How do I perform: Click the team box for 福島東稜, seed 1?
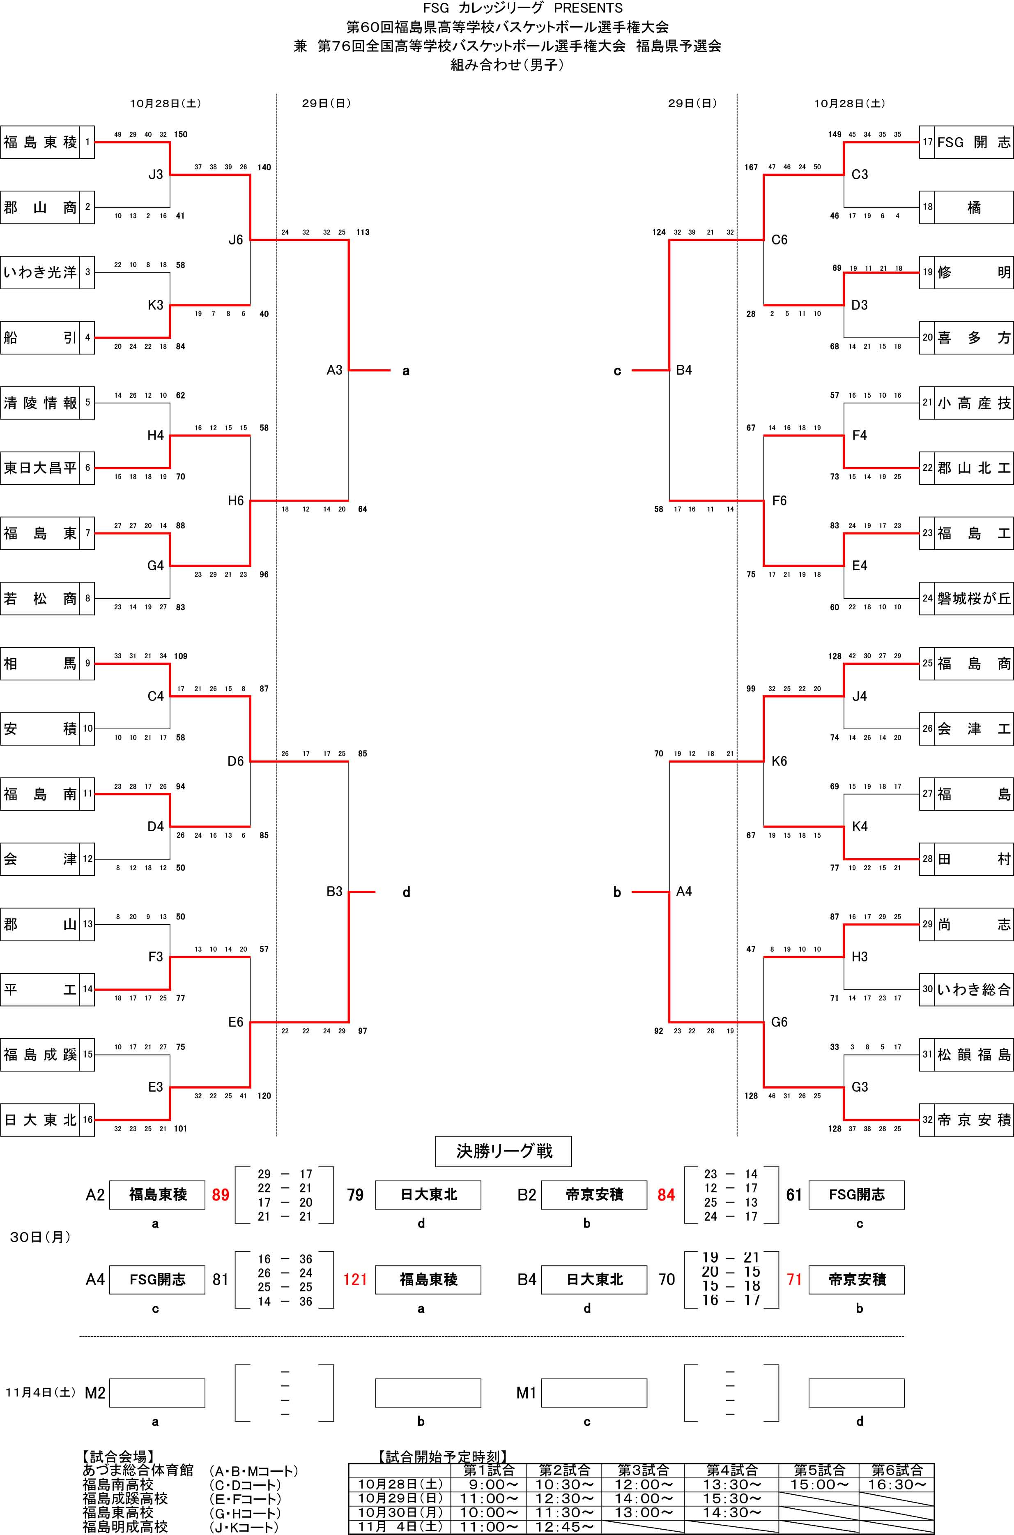[x=40, y=142]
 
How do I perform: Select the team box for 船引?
[x=40, y=338]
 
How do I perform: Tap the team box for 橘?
[x=973, y=207]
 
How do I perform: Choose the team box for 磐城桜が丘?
[x=973, y=598]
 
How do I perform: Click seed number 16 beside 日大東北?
[x=87, y=1120]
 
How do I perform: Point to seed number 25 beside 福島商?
[x=927, y=664]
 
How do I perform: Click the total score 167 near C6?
[x=751, y=167]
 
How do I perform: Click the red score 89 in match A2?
[x=221, y=1195]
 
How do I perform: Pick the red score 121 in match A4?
[x=355, y=1279]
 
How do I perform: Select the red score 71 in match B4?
[x=794, y=1279]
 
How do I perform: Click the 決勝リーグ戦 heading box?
[x=503, y=1151]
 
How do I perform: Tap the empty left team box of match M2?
[x=157, y=1393]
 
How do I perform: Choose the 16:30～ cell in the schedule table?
[x=896, y=1484]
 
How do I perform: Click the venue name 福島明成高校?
[x=125, y=1527]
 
